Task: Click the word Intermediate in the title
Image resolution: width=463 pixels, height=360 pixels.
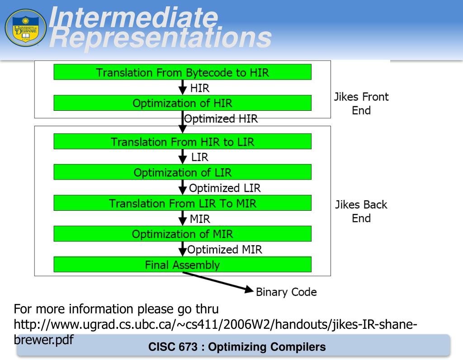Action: coord(133,18)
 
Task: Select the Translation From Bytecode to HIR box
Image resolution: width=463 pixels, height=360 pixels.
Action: coord(182,72)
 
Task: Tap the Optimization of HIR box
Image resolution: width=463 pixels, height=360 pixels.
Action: coord(182,103)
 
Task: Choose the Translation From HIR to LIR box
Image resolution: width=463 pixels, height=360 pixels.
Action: coord(182,142)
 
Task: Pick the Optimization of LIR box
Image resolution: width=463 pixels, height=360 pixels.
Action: coord(182,172)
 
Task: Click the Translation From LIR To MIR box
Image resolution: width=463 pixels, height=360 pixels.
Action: coord(182,203)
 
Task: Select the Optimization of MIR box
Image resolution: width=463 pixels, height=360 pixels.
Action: coord(182,234)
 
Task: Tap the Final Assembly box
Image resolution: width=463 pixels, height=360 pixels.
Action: coord(182,265)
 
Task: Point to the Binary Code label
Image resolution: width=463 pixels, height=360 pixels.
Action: coord(286,292)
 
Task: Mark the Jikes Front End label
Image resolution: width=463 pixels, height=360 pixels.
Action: coord(361,104)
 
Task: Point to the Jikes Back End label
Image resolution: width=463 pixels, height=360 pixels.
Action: coord(361,211)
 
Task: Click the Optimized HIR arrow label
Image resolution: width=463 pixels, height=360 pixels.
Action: coord(221,119)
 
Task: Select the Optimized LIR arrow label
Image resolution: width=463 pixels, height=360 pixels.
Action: coord(225,188)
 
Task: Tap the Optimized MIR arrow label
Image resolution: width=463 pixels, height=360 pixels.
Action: coord(225,249)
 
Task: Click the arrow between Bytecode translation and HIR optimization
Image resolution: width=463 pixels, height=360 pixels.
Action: coord(182,87)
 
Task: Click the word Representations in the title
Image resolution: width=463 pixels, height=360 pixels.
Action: coord(160,39)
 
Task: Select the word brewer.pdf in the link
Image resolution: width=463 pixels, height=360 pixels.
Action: coord(44,340)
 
